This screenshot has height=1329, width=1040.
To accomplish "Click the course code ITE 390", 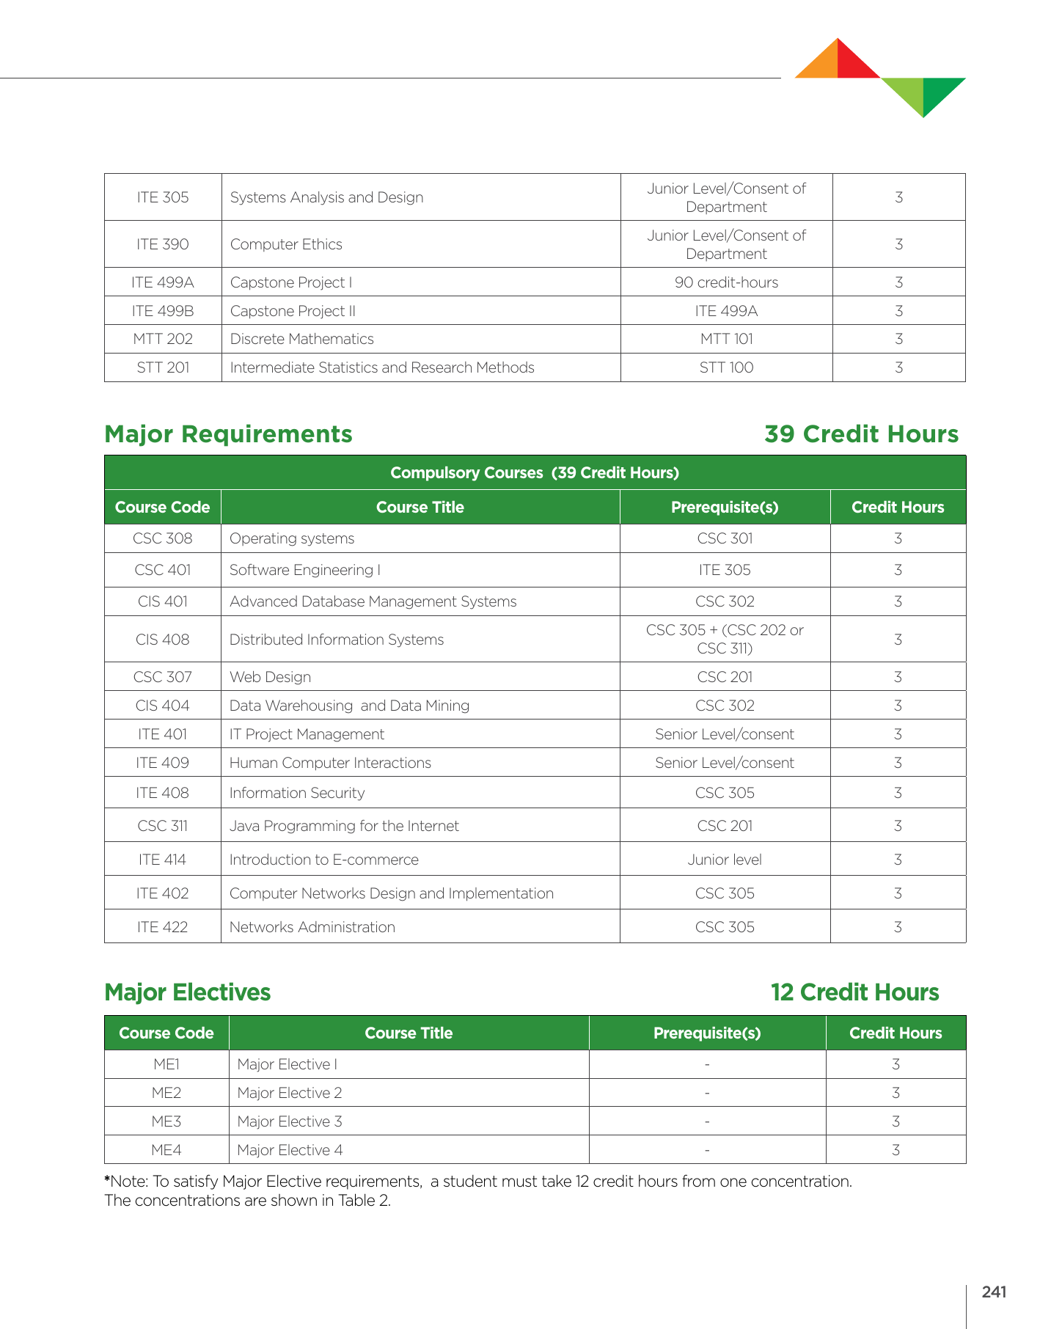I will coord(163,244).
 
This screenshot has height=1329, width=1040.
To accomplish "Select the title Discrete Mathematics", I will coord(301,339).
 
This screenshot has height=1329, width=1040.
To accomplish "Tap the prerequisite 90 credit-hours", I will coord(726,282).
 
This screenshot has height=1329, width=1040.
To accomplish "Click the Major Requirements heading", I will coord(228,434).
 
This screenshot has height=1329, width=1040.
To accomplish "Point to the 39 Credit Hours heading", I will coord(861,434).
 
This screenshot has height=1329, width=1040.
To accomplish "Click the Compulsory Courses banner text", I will coord(535,473).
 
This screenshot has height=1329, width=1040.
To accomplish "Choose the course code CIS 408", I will coord(163,640).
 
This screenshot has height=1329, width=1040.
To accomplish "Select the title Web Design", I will coord(270,677).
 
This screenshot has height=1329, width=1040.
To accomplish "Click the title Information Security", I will coord(296,793).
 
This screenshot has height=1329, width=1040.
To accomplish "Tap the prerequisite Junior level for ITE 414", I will coord(725,860).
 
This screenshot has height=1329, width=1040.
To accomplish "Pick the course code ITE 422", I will coord(163,927).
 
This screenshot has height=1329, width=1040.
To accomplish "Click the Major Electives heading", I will coord(188,992).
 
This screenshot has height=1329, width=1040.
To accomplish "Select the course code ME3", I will coord(166,1121).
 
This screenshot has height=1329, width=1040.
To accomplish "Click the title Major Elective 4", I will coord(290,1150).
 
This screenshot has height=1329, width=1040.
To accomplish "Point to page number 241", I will coord(994,1292).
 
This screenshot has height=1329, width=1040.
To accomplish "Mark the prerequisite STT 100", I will coord(726,367).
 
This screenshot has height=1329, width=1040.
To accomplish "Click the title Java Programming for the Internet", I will coord(344,826).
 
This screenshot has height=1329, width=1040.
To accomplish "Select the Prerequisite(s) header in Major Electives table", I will coord(707,1033).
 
